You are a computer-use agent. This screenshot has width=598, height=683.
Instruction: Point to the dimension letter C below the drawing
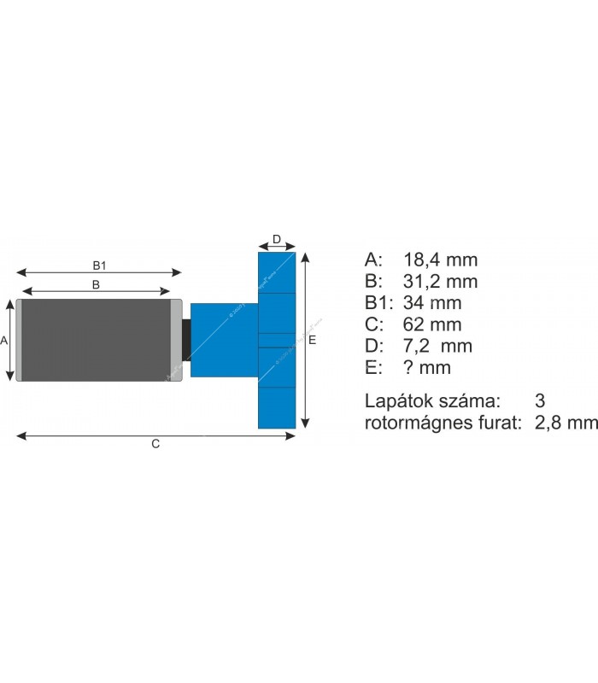(x=155, y=443)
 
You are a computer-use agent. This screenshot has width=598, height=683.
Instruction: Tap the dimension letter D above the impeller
(x=277, y=238)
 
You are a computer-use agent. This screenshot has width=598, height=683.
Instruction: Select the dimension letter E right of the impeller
(x=313, y=340)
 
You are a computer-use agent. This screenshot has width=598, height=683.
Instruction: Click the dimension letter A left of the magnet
(x=4, y=340)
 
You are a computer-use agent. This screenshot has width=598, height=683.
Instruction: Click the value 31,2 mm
(x=439, y=281)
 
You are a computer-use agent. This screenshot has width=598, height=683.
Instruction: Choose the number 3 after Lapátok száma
(x=539, y=400)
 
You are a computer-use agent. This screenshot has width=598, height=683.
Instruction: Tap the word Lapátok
(x=395, y=400)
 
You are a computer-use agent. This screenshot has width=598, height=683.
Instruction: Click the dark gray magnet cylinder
(x=95, y=340)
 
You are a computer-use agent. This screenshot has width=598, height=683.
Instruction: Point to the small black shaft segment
(x=186, y=340)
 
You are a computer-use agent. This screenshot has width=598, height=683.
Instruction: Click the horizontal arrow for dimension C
(x=85, y=435)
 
